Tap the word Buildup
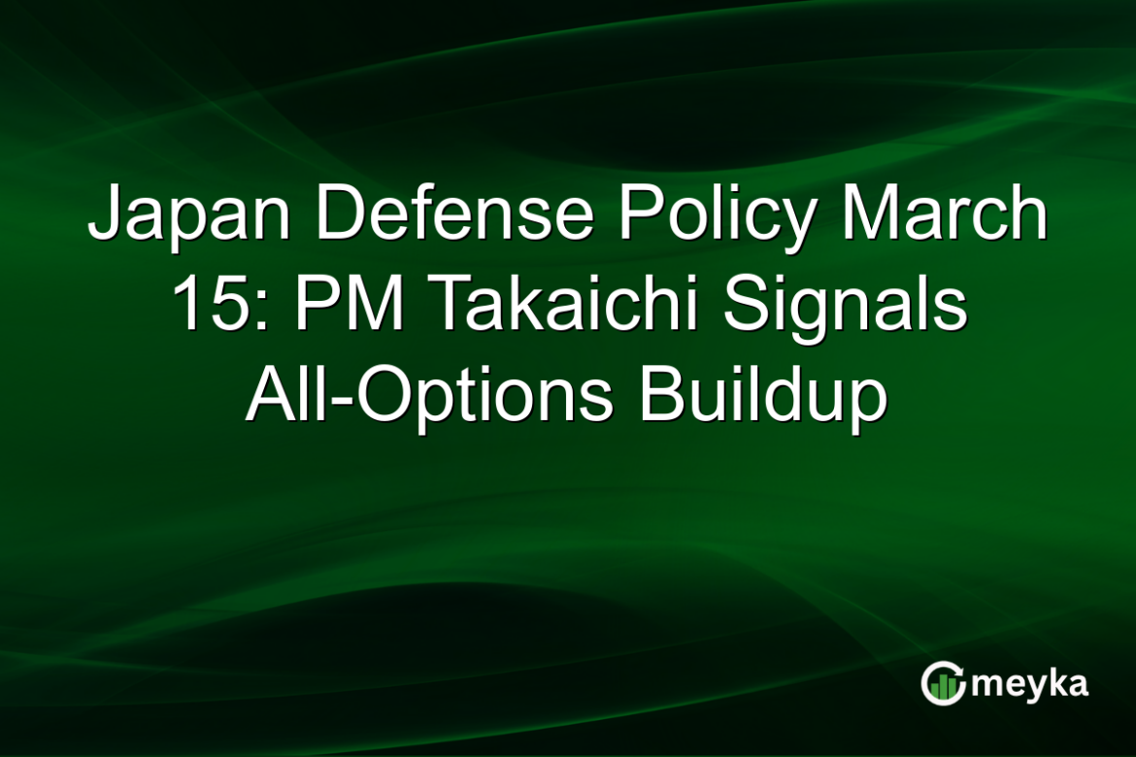point(762,399)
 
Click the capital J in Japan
point(105,215)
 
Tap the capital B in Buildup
point(657,398)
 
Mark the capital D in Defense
point(337,215)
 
